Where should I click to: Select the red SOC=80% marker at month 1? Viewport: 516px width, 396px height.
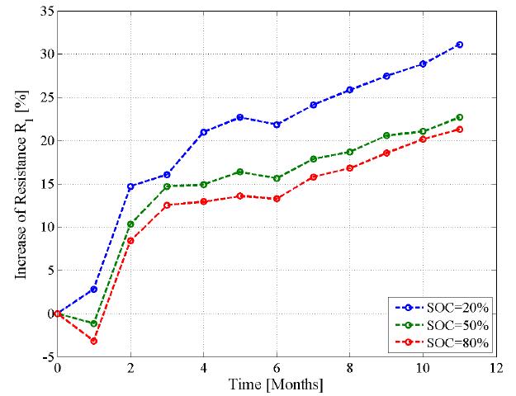(x=94, y=341)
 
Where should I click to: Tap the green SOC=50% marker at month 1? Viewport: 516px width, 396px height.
(x=94, y=323)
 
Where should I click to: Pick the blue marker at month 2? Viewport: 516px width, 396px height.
(x=130, y=186)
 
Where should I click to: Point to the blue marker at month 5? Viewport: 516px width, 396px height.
(x=240, y=117)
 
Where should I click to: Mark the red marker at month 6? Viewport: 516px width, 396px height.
(x=277, y=199)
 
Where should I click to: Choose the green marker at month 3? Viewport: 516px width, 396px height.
(x=167, y=186)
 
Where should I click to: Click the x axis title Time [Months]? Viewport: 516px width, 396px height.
(x=277, y=384)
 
